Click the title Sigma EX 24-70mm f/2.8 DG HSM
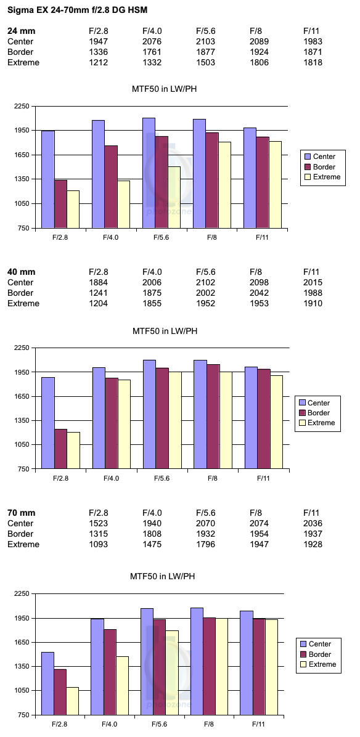click(x=78, y=9)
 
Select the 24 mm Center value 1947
click(x=98, y=41)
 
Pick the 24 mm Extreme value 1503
click(x=205, y=62)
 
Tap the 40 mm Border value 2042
click(x=259, y=293)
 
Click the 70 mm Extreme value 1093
click(x=98, y=544)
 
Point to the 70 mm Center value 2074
click(x=259, y=523)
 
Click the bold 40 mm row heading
click(x=21, y=272)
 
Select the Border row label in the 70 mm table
click(x=20, y=534)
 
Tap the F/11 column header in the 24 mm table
click(x=314, y=31)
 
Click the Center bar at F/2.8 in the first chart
click(x=48, y=179)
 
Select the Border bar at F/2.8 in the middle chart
click(x=61, y=449)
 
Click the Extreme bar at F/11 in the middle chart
click(x=276, y=422)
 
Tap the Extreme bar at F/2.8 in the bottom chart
click(x=72, y=701)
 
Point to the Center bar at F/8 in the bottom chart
click(x=197, y=661)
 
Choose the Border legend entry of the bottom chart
click(x=317, y=654)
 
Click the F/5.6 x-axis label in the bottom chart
click(x=159, y=724)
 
